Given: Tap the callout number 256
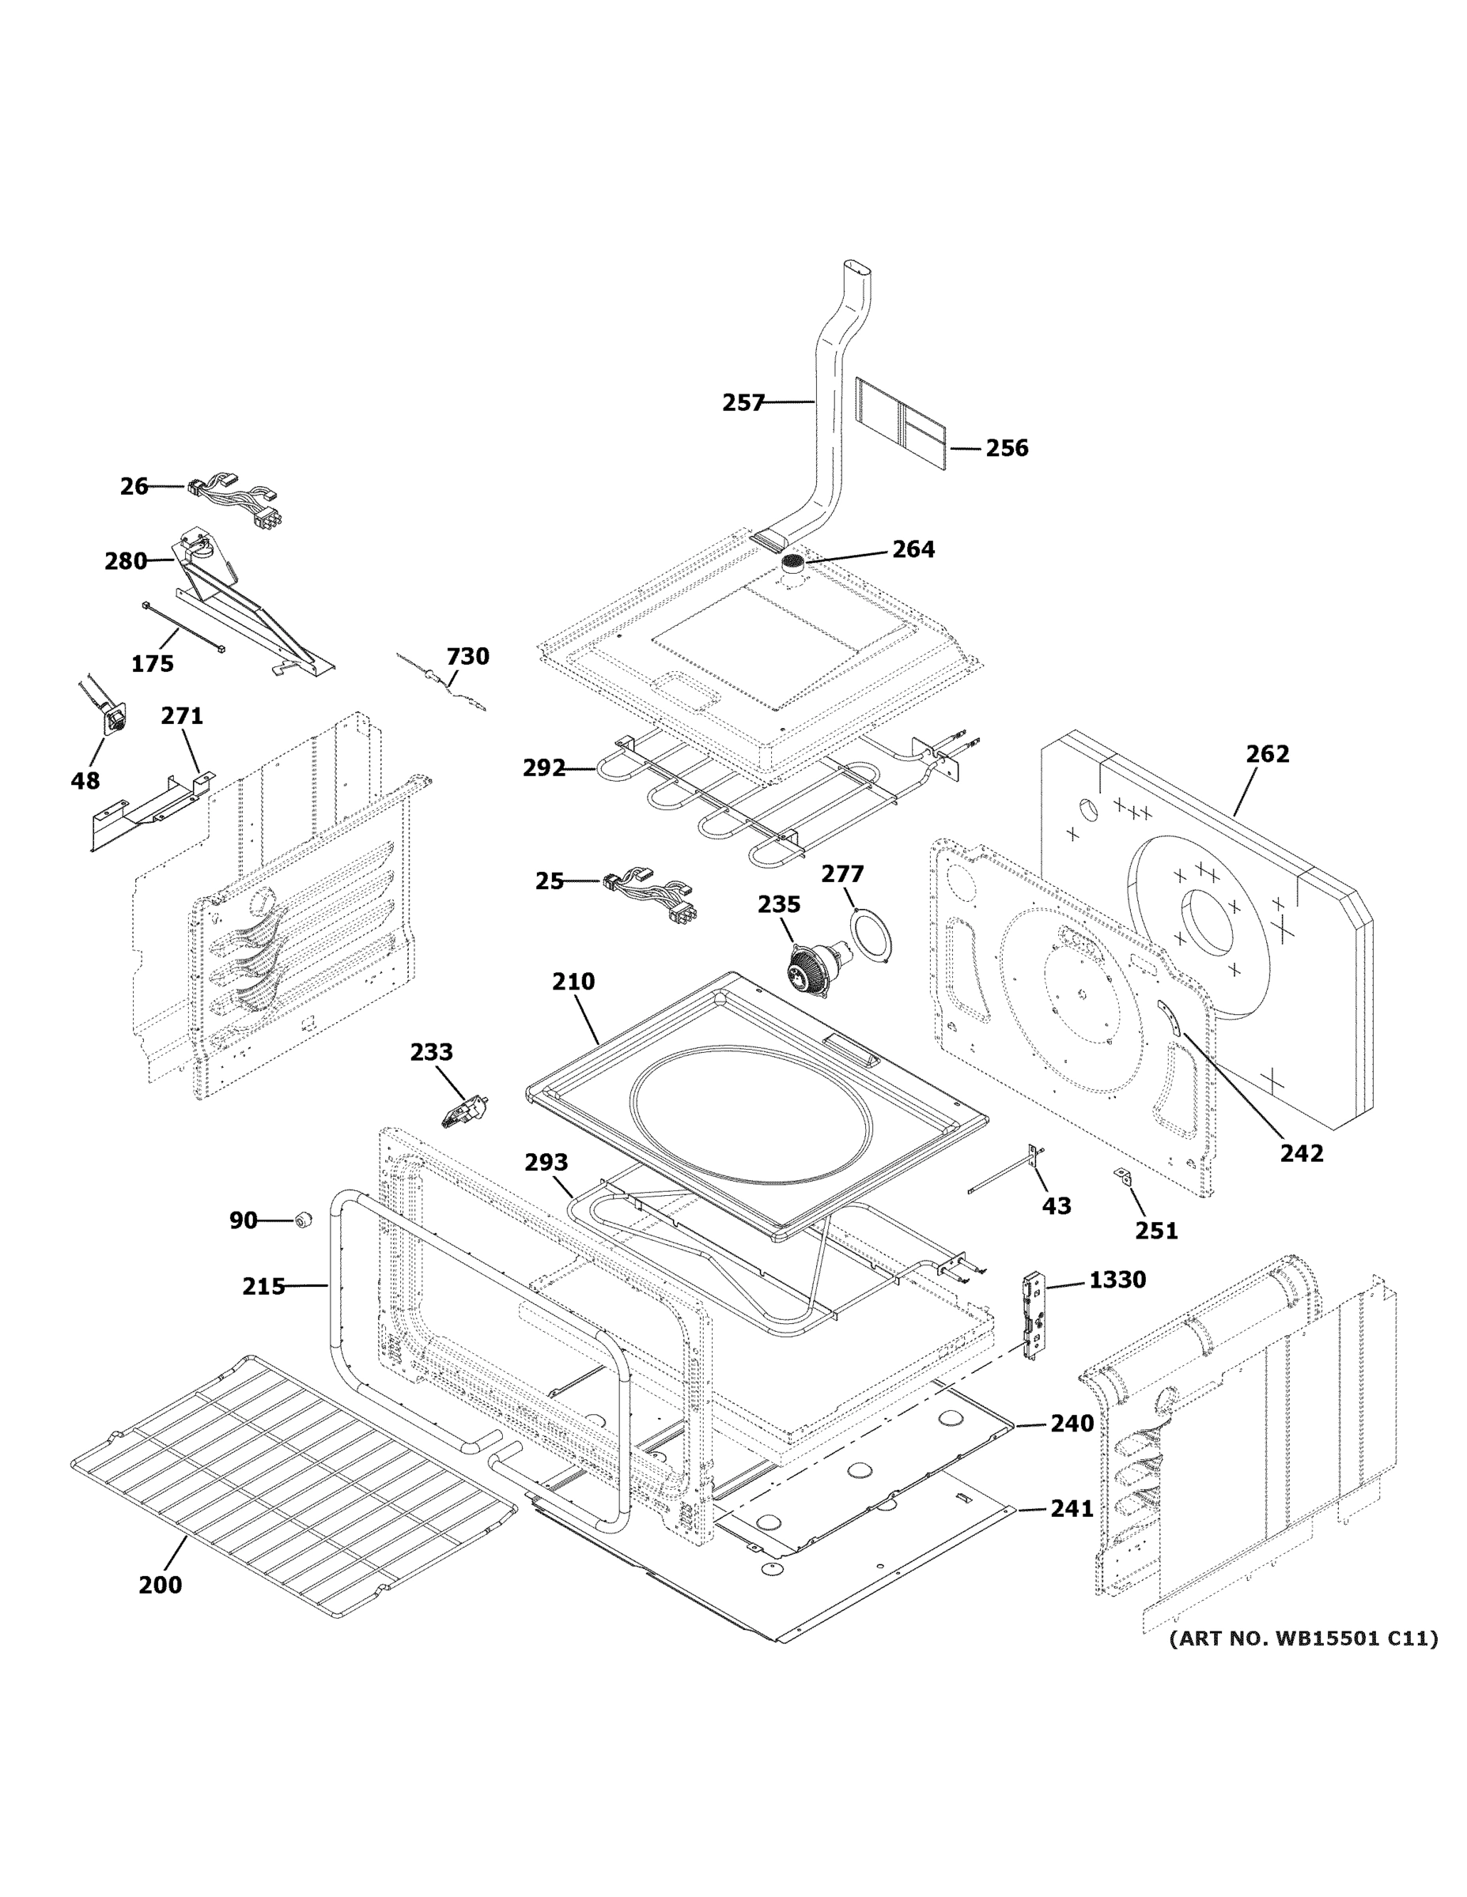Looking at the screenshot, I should (1007, 448).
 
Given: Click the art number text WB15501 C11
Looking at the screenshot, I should (1303, 1639).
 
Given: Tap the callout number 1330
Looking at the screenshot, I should (1117, 1280).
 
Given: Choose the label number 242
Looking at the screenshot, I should (1301, 1153).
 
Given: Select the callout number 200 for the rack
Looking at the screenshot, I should (161, 1585).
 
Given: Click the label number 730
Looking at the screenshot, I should (467, 656).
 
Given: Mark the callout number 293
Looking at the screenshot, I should (546, 1162).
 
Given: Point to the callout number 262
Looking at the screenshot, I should (1267, 754).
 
